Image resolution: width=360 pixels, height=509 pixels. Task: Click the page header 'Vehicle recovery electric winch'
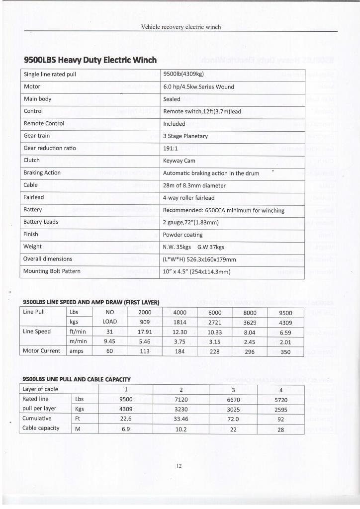(x=181, y=27)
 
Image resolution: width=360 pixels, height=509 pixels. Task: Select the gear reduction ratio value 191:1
(x=171, y=148)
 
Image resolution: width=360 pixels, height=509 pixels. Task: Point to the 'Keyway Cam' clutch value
(x=179, y=161)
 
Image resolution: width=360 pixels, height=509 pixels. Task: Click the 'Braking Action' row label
(x=42, y=172)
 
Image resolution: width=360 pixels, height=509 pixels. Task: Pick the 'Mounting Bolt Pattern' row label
(x=52, y=271)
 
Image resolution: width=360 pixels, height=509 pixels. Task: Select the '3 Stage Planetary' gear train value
(x=185, y=136)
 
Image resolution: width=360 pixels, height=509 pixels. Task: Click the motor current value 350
(x=285, y=351)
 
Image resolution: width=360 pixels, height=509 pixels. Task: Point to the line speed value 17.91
(x=144, y=332)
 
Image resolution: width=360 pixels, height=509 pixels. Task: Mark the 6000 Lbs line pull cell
(x=215, y=313)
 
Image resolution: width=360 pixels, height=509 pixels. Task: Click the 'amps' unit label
(x=77, y=351)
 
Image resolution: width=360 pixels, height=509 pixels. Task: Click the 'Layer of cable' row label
(x=41, y=389)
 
